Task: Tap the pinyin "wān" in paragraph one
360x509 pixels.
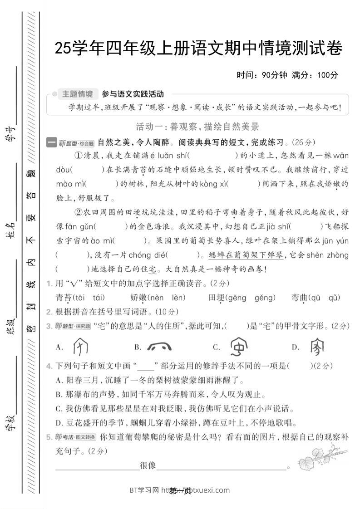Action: coord(340,156)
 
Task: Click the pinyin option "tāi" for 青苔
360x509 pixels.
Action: coord(79,298)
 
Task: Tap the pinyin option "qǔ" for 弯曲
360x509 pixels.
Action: coord(334,298)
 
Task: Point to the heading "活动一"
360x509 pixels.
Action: coord(147,127)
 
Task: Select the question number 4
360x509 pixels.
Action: coord(49,366)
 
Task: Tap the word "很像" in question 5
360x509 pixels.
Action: coord(148,465)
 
